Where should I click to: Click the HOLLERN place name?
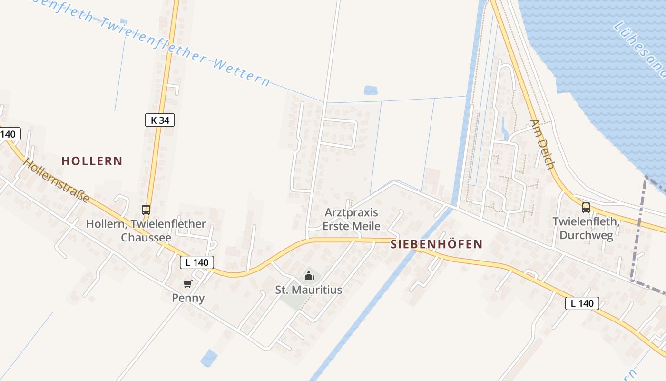click(x=92, y=161)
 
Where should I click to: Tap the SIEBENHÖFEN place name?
click(x=436, y=245)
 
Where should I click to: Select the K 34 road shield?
click(x=160, y=120)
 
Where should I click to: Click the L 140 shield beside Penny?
click(x=197, y=262)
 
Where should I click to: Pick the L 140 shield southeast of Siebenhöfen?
click(x=582, y=303)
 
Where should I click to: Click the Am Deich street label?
click(x=543, y=144)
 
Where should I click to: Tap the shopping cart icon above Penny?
click(x=188, y=284)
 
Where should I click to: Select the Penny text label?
click(x=188, y=298)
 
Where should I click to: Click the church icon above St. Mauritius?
click(x=309, y=276)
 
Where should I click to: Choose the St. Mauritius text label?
click(x=309, y=290)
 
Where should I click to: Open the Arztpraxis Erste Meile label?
click(x=352, y=219)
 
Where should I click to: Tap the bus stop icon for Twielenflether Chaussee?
click(x=146, y=210)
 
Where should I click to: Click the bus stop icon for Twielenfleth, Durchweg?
click(x=586, y=208)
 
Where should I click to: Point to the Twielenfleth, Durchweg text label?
click(x=586, y=228)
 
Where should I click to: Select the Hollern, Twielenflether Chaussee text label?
click(x=146, y=230)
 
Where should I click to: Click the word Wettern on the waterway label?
click(x=242, y=71)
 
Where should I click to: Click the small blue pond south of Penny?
click(x=209, y=358)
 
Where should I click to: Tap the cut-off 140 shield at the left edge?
click(x=10, y=134)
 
